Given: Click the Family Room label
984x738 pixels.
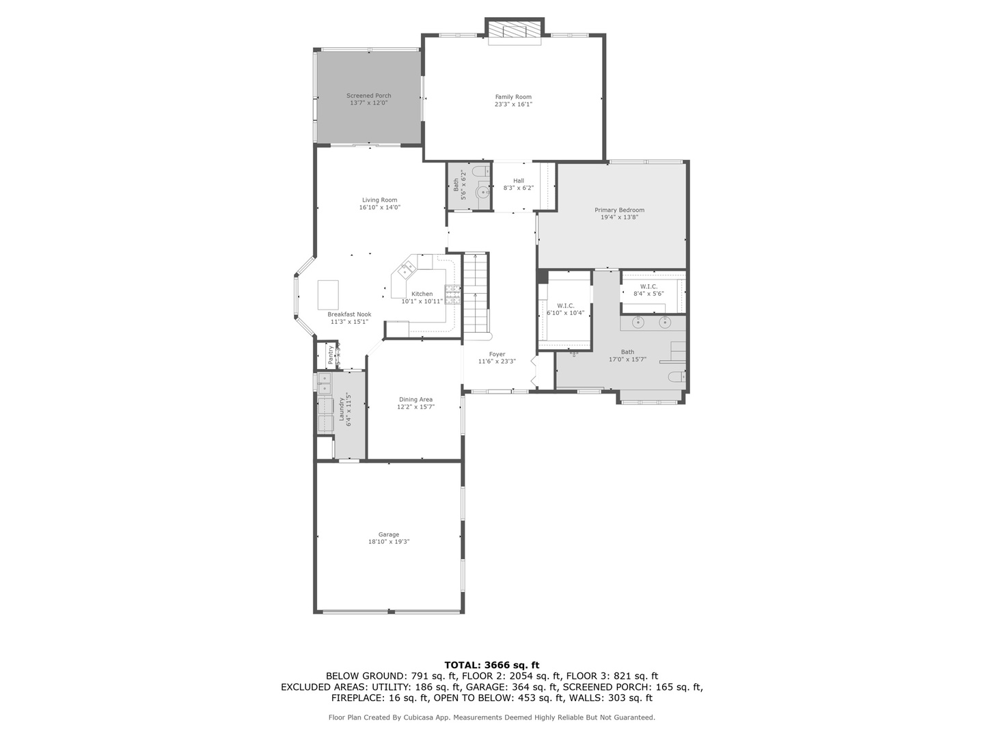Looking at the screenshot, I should [513, 97].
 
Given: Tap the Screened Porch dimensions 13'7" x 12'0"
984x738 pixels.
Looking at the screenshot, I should [368, 103].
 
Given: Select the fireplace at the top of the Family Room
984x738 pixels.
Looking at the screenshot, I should [515, 31].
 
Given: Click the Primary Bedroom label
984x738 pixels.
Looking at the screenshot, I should [619, 210].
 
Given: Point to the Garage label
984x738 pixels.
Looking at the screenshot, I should [389, 534].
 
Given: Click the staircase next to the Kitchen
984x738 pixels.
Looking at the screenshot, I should [476, 294].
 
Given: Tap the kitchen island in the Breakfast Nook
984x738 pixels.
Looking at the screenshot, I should [328, 295].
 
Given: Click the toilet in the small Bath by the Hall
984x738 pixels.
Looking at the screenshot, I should [481, 171].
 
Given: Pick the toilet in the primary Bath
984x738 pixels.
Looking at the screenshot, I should [676, 376].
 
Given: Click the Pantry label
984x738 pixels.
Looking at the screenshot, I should [331, 353].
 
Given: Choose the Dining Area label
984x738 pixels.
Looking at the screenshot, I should [415, 400].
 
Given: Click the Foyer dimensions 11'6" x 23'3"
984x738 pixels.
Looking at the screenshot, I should [497, 361].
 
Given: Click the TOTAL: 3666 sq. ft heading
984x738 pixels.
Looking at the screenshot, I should [491, 664].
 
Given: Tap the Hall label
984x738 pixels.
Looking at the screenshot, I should [519, 181].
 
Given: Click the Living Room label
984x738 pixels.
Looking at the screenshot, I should [379, 200].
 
